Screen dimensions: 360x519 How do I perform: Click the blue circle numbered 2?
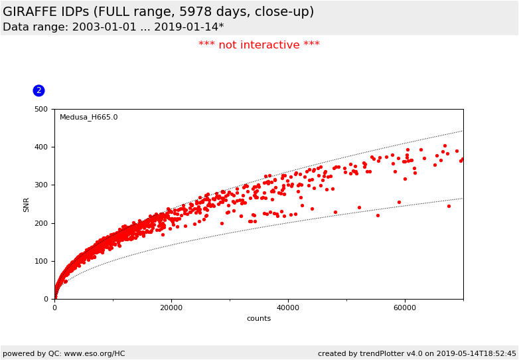38,90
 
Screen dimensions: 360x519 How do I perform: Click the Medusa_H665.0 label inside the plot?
88,118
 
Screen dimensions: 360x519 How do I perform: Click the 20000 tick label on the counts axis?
171,308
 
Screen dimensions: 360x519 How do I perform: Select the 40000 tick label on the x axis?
288,308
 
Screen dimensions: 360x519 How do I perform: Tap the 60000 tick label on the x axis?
405,308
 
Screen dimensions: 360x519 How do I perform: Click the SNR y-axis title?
27,204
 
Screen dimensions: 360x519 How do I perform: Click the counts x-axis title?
259,319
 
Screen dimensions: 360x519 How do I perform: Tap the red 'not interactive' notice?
259,45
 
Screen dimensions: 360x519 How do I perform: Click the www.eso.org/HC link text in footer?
88,353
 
